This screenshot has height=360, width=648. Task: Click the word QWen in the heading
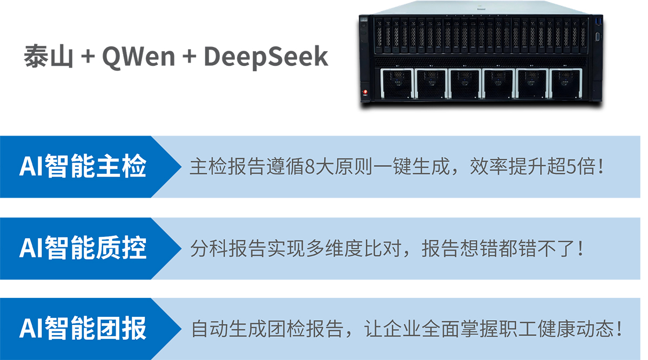[138, 57]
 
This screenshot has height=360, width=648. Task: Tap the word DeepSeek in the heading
[266, 57]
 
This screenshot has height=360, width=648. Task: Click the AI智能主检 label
[83, 166]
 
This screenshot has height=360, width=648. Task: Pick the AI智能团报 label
[83, 328]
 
